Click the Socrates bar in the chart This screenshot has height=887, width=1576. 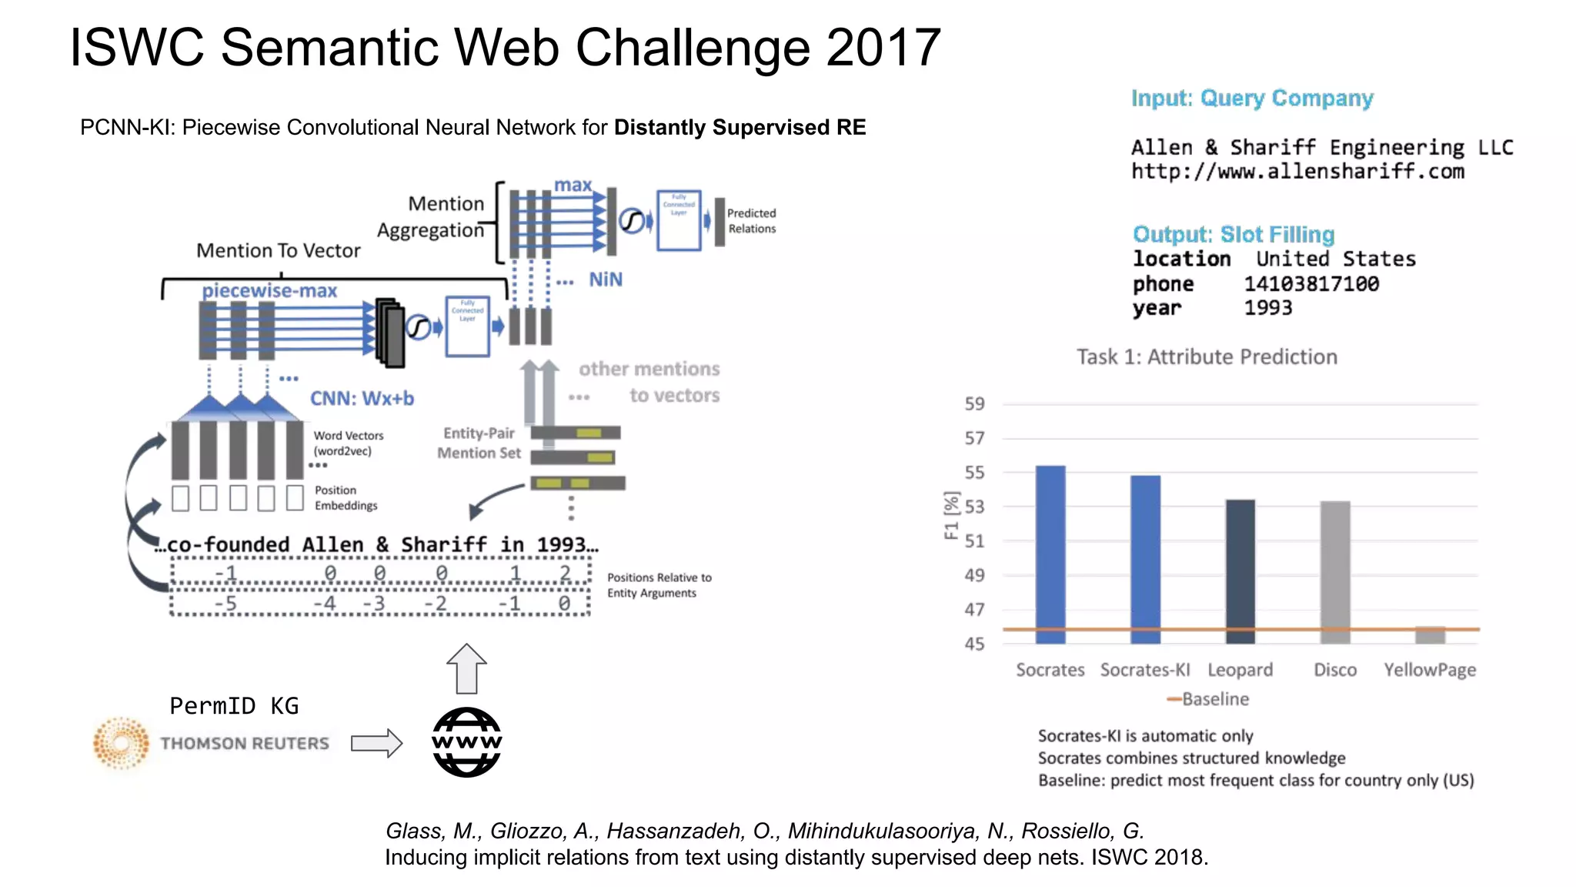(1050, 554)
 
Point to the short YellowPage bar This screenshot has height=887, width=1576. (1430, 635)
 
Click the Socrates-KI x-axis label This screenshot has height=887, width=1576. (1144, 670)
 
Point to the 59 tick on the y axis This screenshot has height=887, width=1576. (974, 404)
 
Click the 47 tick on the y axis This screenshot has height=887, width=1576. (974, 610)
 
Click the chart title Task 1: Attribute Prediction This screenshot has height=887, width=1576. (1207, 357)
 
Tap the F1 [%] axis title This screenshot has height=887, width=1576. (952, 516)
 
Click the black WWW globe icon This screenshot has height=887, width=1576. (466, 742)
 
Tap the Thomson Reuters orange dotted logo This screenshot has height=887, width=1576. (121, 743)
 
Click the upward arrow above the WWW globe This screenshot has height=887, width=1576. (466, 668)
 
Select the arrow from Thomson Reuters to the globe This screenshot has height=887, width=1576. (376, 743)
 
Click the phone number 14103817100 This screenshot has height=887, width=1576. (1311, 284)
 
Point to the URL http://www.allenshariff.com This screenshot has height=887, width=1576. (1297, 172)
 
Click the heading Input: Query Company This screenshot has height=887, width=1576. (1252, 99)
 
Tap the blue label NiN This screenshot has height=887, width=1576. (606, 279)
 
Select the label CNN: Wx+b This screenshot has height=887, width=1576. (362, 399)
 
